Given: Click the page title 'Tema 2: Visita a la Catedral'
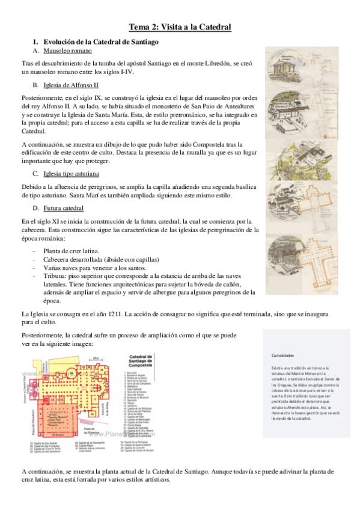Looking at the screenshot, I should pos(180,27).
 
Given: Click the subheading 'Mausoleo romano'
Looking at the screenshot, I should pos(67,52).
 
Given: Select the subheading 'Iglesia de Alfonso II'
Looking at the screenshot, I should pos(71,85).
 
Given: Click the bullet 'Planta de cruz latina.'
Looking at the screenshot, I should pos(78,250).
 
